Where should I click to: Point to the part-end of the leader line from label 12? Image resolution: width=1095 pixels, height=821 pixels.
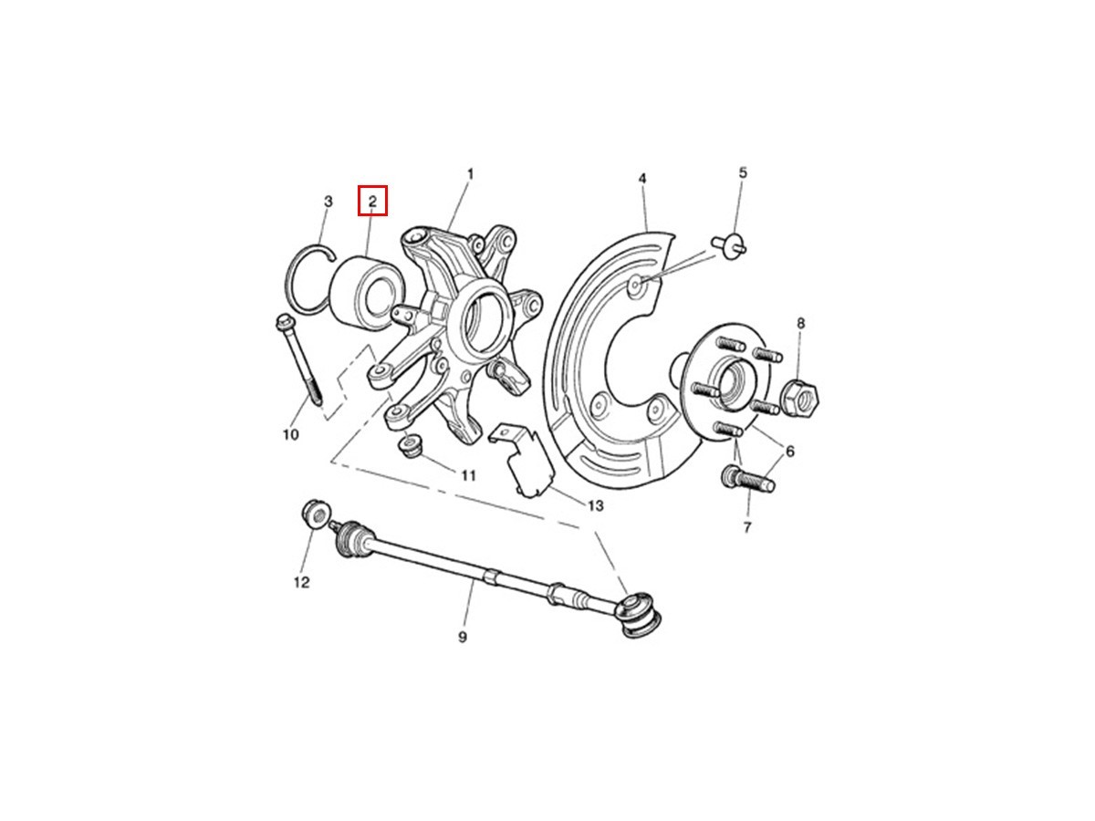pyautogui.click(x=314, y=528)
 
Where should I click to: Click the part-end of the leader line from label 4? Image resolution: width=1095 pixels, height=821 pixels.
pyautogui.click(x=647, y=230)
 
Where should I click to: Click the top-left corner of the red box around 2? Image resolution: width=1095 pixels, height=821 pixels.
pyautogui.click(x=359, y=186)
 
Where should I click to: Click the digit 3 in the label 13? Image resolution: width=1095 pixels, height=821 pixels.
pyautogui.click(x=599, y=505)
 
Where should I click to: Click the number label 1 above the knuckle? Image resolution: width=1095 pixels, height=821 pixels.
pyautogui.click(x=469, y=174)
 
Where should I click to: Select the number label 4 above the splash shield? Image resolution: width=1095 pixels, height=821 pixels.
pyautogui.click(x=642, y=179)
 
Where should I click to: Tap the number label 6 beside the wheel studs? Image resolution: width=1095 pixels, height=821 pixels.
pyautogui.click(x=789, y=452)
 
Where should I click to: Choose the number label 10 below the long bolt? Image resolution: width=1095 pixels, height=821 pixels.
pyautogui.click(x=291, y=435)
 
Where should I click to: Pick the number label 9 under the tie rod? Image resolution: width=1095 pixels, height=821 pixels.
pyautogui.click(x=463, y=637)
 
